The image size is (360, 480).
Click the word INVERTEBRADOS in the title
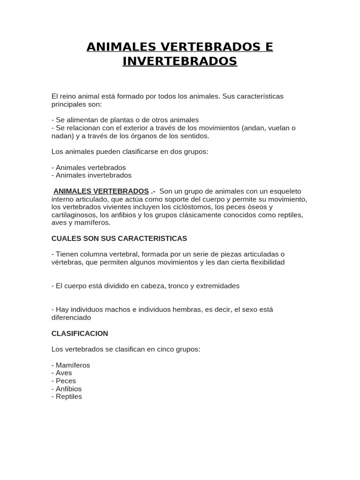(x=180, y=61)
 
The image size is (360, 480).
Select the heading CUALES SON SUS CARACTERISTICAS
(x=119, y=239)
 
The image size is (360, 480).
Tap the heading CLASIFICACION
(x=80, y=334)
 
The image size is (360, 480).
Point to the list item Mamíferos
(x=73, y=365)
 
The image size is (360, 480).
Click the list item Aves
(x=64, y=373)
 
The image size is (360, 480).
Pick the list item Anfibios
(x=68, y=389)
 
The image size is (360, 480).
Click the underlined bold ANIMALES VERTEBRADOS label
(x=101, y=191)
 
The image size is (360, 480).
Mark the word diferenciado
(x=71, y=318)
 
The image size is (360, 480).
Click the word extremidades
(x=218, y=286)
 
